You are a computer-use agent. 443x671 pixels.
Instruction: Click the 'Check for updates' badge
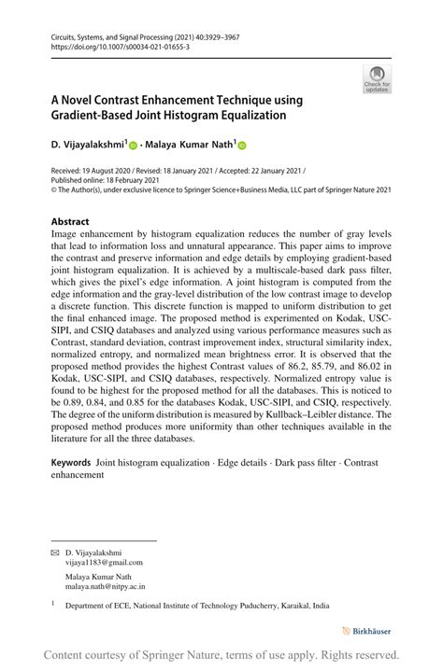[x=377, y=79]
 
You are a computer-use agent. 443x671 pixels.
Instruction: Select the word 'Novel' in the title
[x=90, y=100]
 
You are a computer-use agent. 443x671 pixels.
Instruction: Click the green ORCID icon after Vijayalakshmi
[x=133, y=146]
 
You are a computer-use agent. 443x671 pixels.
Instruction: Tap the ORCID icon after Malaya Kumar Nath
[x=242, y=146]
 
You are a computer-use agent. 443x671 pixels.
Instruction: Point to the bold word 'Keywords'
[x=71, y=462]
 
